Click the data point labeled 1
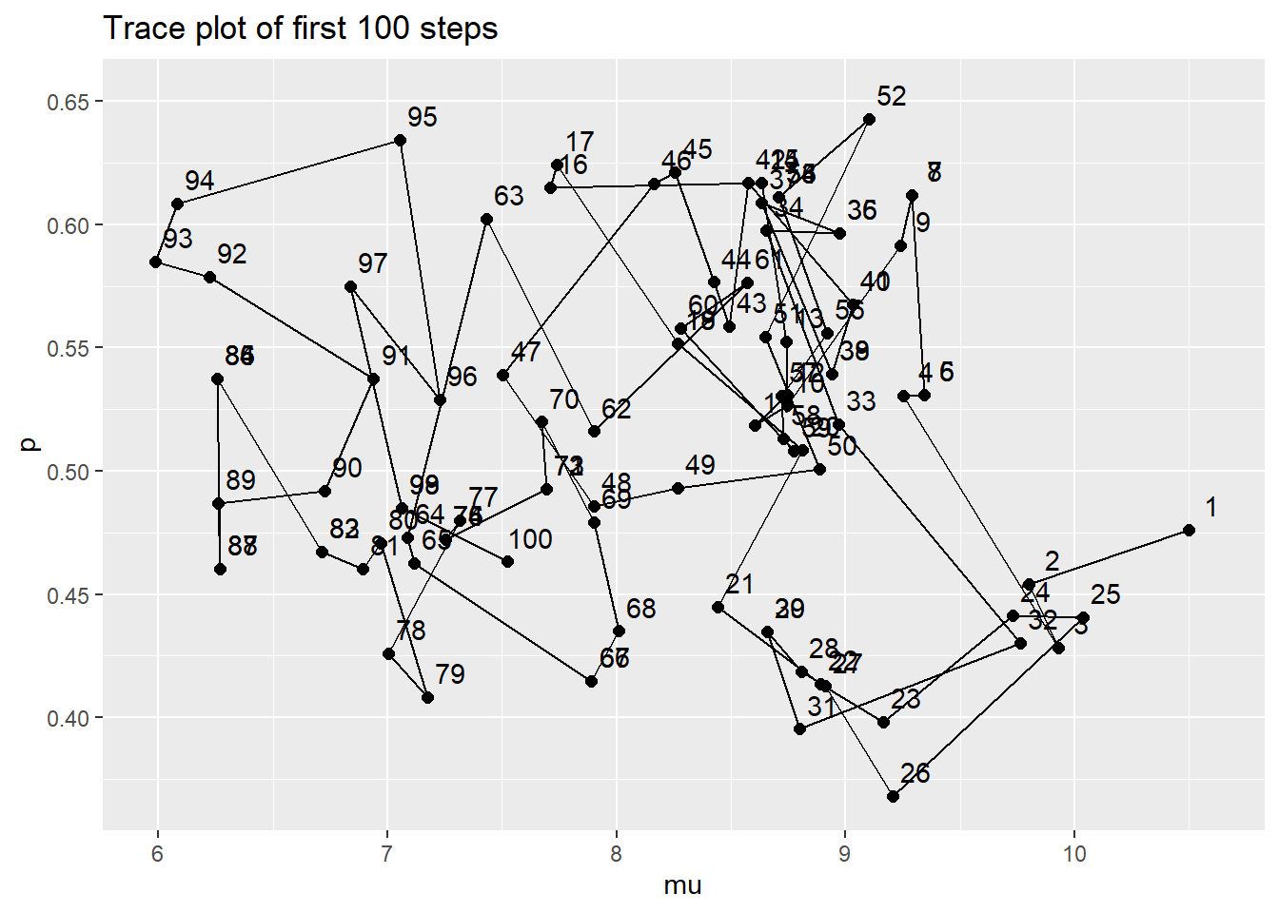tap(1189, 530)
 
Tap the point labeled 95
tap(400, 141)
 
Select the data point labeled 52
tap(869, 120)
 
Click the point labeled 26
tap(893, 796)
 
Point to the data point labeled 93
tap(156, 262)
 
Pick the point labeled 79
tap(428, 698)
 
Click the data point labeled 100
tap(507, 562)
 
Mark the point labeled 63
tap(487, 220)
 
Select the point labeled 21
tap(718, 608)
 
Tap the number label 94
tap(200, 181)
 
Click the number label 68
tap(641, 609)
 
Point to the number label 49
tap(700, 465)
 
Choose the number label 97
tap(373, 263)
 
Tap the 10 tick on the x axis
tap(1074, 854)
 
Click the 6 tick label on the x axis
tap(158, 854)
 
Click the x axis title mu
tap(682, 886)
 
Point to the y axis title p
tap(30, 444)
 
